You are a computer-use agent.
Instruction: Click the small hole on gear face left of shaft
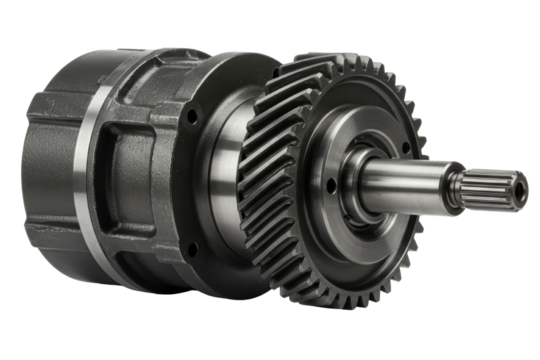(x=331, y=185)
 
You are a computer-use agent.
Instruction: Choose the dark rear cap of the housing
(x=45, y=170)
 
